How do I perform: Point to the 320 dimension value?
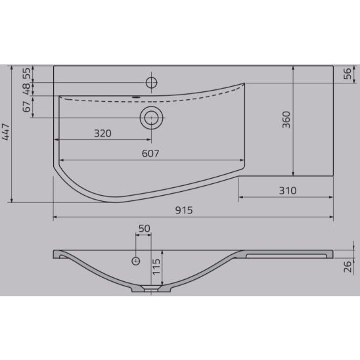click(102, 133)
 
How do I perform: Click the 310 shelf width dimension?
click(287, 191)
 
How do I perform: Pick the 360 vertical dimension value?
click(286, 120)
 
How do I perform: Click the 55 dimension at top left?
click(27, 73)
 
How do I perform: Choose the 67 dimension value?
click(27, 106)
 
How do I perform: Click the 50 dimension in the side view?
click(143, 229)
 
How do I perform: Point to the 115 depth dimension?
click(156, 266)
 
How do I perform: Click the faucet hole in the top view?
click(151, 82)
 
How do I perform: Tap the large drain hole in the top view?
click(151, 118)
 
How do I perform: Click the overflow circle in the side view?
click(137, 260)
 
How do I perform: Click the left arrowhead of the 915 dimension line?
click(55, 217)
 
